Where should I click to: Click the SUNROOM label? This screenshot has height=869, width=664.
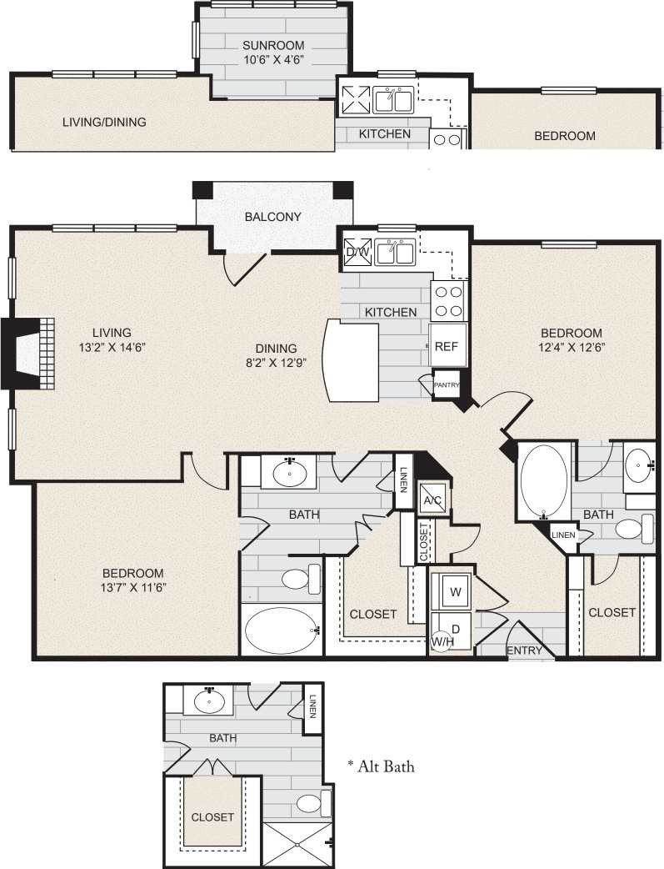(272, 45)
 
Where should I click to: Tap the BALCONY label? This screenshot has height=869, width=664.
(272, 217)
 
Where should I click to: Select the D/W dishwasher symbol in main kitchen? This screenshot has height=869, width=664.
(357, 251)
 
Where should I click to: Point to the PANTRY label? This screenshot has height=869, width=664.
(447, 385)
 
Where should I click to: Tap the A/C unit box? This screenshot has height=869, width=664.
(432, 500)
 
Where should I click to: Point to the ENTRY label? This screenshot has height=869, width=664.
(524, 650)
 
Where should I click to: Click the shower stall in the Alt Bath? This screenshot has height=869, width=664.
(297, 843)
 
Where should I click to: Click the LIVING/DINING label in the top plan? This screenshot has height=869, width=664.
(104, 122)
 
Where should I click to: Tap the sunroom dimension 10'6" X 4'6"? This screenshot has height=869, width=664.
(272, 60)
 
